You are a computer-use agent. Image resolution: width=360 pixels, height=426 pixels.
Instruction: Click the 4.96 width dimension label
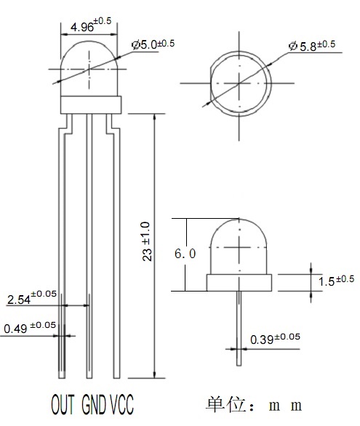point(91,25)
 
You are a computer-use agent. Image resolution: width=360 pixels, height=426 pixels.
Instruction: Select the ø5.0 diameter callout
point(153,44)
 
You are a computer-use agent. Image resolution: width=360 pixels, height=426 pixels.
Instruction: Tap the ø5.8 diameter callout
point(312,45)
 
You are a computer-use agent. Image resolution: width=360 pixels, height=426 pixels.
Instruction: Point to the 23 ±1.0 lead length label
point(146,241)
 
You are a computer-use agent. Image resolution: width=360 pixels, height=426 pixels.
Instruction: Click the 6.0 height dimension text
point(185,254)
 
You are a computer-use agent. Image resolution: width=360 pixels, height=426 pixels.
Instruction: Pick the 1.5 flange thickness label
point(336,281)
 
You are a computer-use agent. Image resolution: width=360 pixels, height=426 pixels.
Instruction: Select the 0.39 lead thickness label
point(275,339)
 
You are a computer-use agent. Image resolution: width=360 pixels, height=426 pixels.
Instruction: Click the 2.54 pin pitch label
point(32,297)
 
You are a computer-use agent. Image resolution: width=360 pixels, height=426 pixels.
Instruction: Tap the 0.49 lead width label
point(30,327)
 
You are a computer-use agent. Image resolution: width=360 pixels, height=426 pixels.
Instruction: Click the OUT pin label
point(63,404)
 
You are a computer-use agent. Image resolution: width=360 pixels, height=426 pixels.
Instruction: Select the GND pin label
point(94,404)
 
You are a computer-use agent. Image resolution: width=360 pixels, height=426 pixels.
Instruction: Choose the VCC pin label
point(121,404)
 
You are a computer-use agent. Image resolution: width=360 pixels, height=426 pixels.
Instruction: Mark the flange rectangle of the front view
point(91,105)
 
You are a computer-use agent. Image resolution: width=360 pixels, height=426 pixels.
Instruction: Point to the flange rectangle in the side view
point(239,283)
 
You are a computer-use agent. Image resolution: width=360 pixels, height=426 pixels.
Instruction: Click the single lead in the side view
point(239,328)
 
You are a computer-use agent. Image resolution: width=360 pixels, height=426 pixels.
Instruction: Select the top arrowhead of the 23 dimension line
point(155,117)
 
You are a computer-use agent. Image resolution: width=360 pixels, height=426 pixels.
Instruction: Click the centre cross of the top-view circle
point(239,83)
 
